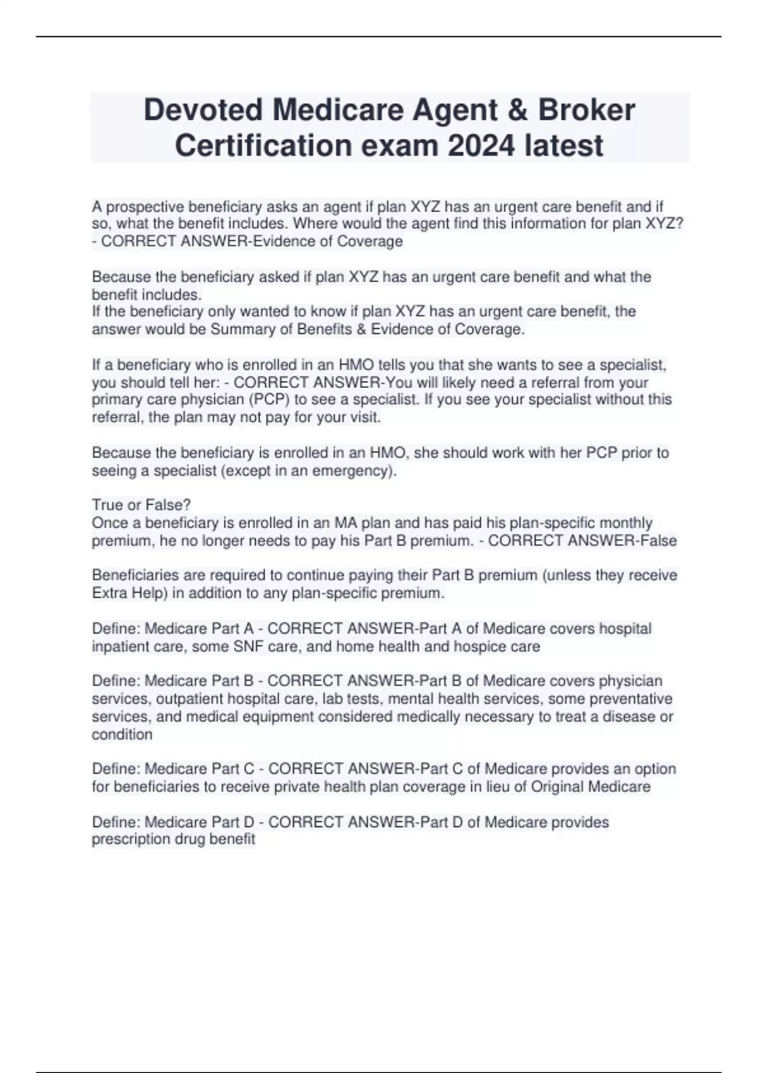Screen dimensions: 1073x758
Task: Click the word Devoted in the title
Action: (203, 110)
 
